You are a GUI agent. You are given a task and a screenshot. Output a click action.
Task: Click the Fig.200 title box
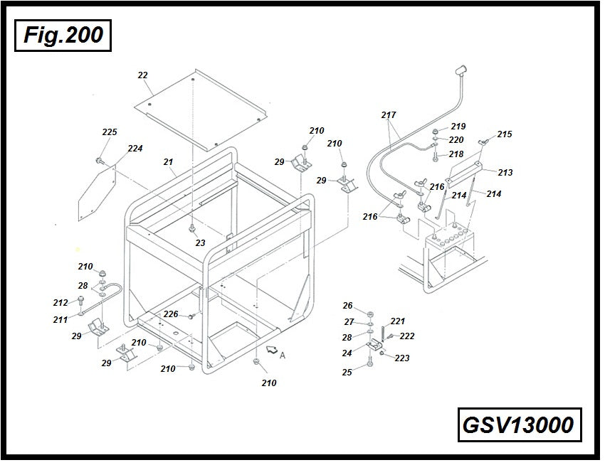point(63,35)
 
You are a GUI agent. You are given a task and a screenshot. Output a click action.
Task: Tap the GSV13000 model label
point(517,424)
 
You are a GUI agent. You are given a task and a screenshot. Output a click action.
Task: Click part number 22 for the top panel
point(142,75)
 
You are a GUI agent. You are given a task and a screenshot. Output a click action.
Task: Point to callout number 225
point(110,132)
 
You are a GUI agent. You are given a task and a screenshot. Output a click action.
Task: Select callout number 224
point(135,149)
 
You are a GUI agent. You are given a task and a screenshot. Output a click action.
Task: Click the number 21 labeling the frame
point(168,162)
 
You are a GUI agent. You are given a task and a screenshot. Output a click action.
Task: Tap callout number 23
point(200,243)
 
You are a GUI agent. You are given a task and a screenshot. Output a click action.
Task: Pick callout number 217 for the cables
point(389,114)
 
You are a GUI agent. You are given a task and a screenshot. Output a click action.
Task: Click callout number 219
point(458,126)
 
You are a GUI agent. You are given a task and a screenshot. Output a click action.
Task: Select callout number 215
point(505,134)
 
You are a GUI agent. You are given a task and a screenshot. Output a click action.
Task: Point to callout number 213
point(505,172)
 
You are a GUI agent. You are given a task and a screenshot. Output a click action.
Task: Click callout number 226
point(171,314)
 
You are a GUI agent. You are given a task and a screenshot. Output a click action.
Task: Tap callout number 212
point(60,302)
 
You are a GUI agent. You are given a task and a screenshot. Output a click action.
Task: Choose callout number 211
point(60,319)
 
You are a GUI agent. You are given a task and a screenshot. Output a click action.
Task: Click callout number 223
point(402,358)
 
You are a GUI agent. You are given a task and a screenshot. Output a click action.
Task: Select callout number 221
point(397,321)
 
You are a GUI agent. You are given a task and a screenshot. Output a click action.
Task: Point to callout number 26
point(347,306)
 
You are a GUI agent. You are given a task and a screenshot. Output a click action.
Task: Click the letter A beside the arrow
point(283,356)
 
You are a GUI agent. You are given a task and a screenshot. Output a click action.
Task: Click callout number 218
point(456,154)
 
